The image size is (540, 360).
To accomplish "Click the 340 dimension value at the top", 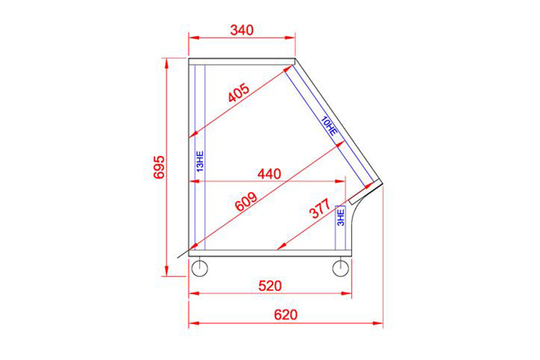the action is pyautogui.click(x=242, y=30).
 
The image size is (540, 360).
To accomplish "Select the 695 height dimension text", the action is pyautogui.click(x=159, y=167).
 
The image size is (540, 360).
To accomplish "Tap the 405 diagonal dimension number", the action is pyautogui.click(x=239, y=93).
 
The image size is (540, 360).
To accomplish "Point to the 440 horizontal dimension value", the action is pyautogui.click(x=269, y=174).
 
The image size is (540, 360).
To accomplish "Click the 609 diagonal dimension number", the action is pyautogui.click(x=246, y=201).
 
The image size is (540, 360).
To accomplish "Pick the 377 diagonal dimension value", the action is pyautogui.click(x=320, y=209).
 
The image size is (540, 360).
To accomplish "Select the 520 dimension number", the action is pyautogui.click(x=270, y=286).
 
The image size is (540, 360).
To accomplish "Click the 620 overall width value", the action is pyautogui.click(x=286, y=315).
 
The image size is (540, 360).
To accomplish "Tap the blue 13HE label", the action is pyautogui.click(x=200, y=161).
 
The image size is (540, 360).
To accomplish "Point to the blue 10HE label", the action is pyautogui.click(x=329, y=126).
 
